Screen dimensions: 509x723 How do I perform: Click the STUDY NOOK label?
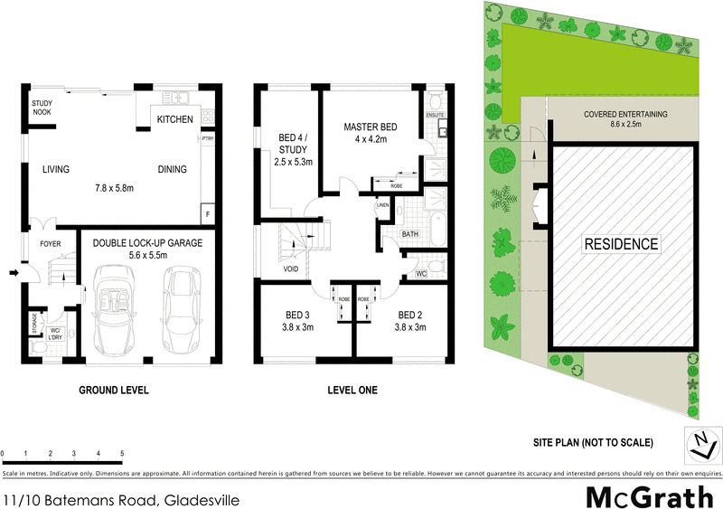[42, 108]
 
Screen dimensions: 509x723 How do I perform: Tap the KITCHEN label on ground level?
[174, 119]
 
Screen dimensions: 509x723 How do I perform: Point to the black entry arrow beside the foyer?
[12, 270]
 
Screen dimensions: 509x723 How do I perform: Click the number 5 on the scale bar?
[121, 453]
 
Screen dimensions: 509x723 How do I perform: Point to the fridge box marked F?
[209, 213]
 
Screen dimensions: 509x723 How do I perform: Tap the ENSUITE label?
[435, 116]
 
